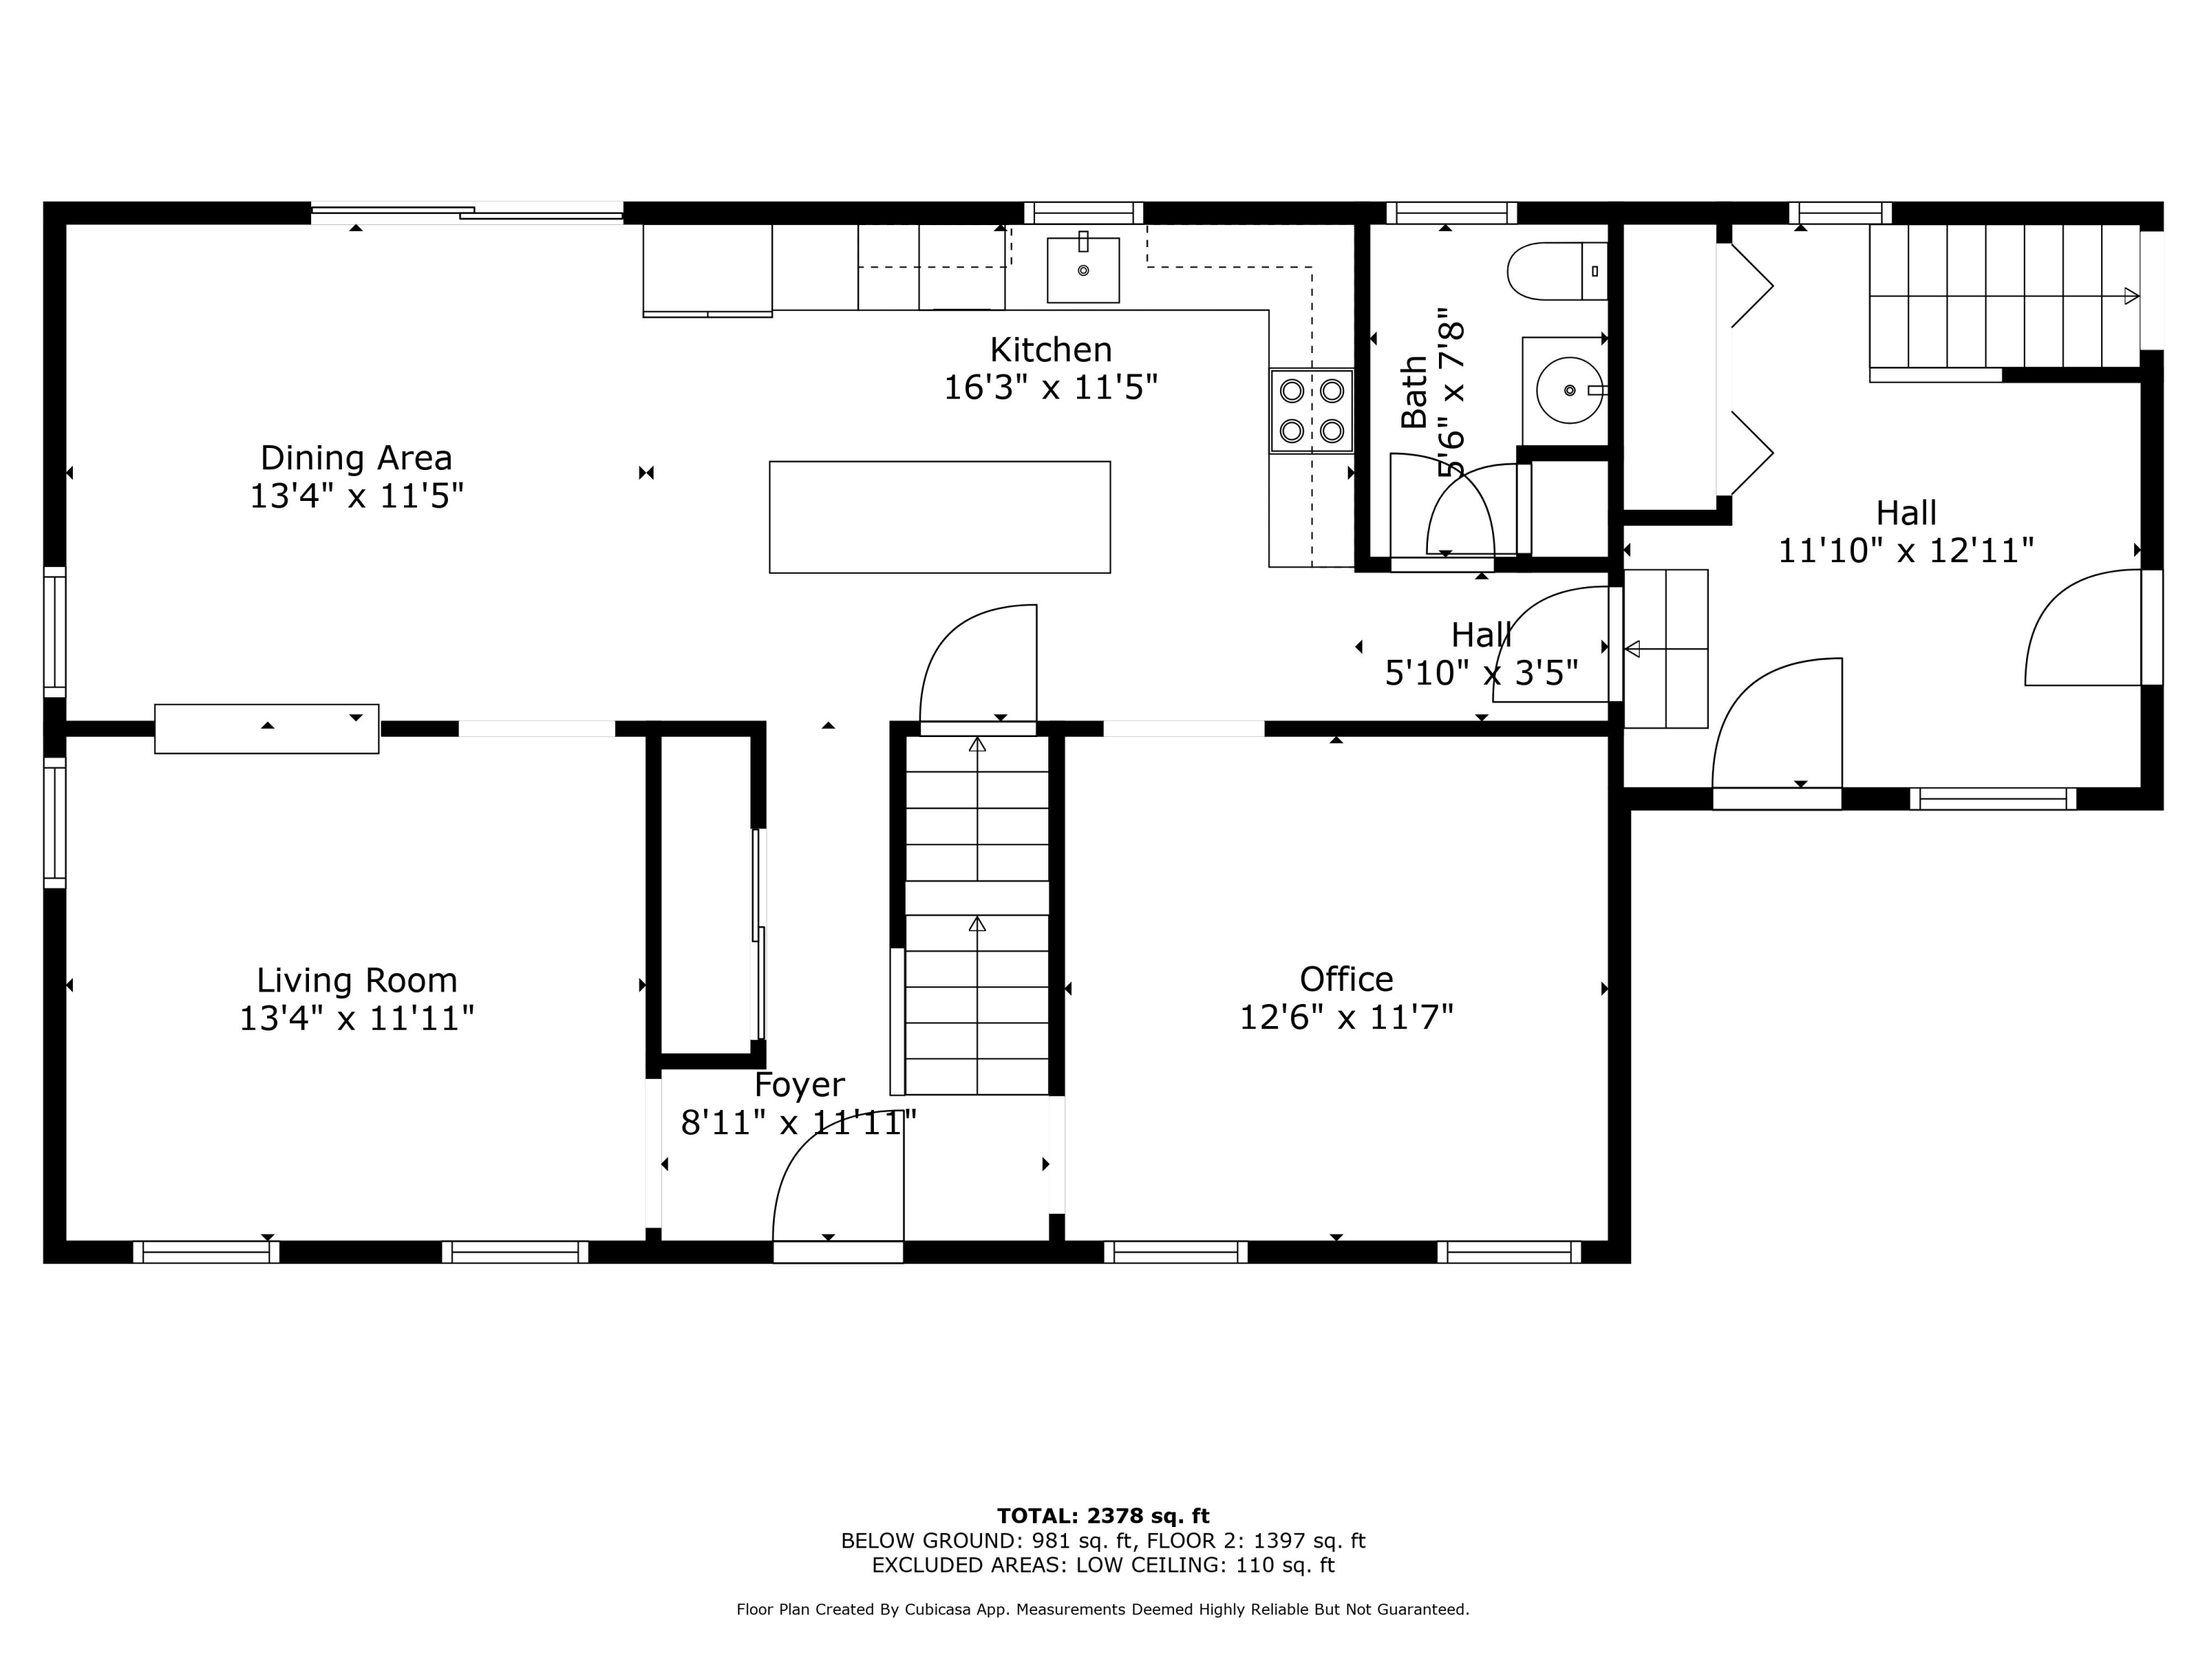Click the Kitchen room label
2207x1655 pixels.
tap(1051, 349)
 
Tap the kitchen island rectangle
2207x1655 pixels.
tap(940, 517)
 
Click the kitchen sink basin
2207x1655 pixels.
tap(1083, 269)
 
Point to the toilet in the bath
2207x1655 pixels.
tap(1557, 271)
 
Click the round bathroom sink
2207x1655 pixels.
tap(1569, 390)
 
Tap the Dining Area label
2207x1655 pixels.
tap(356, 458)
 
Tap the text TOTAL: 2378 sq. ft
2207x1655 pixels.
tap(1103, 1516)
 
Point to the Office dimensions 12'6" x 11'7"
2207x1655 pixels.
tap(1346, 1017)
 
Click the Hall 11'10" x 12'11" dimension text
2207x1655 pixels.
tap(1905, 549)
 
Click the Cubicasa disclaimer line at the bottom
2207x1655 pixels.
tap(1103, 1609)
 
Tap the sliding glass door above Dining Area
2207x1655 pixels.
tap(467, 213)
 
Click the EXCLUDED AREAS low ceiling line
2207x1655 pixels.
tap(1103, 1565)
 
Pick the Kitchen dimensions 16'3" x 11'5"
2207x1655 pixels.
tap(1051, 387)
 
